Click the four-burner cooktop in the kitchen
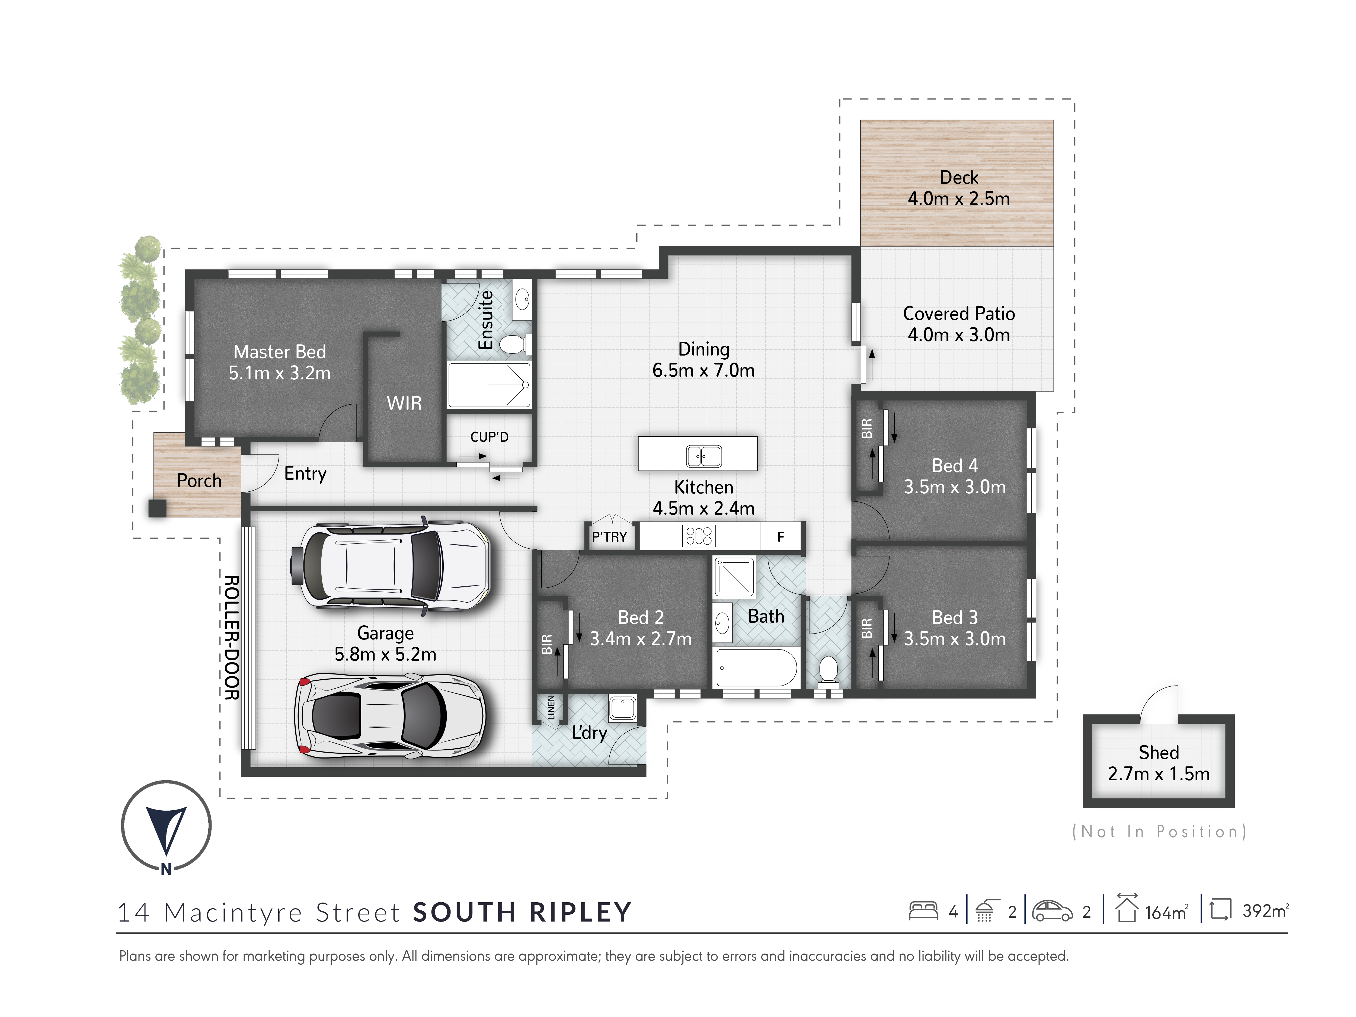[698, 536]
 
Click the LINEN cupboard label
[551, 707]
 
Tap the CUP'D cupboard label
[489, 437]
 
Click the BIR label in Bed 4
[866, 428]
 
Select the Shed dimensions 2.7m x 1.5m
[1159, 774]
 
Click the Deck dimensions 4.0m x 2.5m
[959, 199]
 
